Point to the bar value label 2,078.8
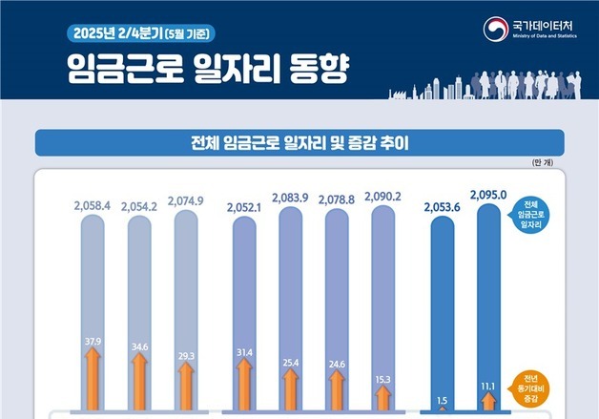(337, 199)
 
